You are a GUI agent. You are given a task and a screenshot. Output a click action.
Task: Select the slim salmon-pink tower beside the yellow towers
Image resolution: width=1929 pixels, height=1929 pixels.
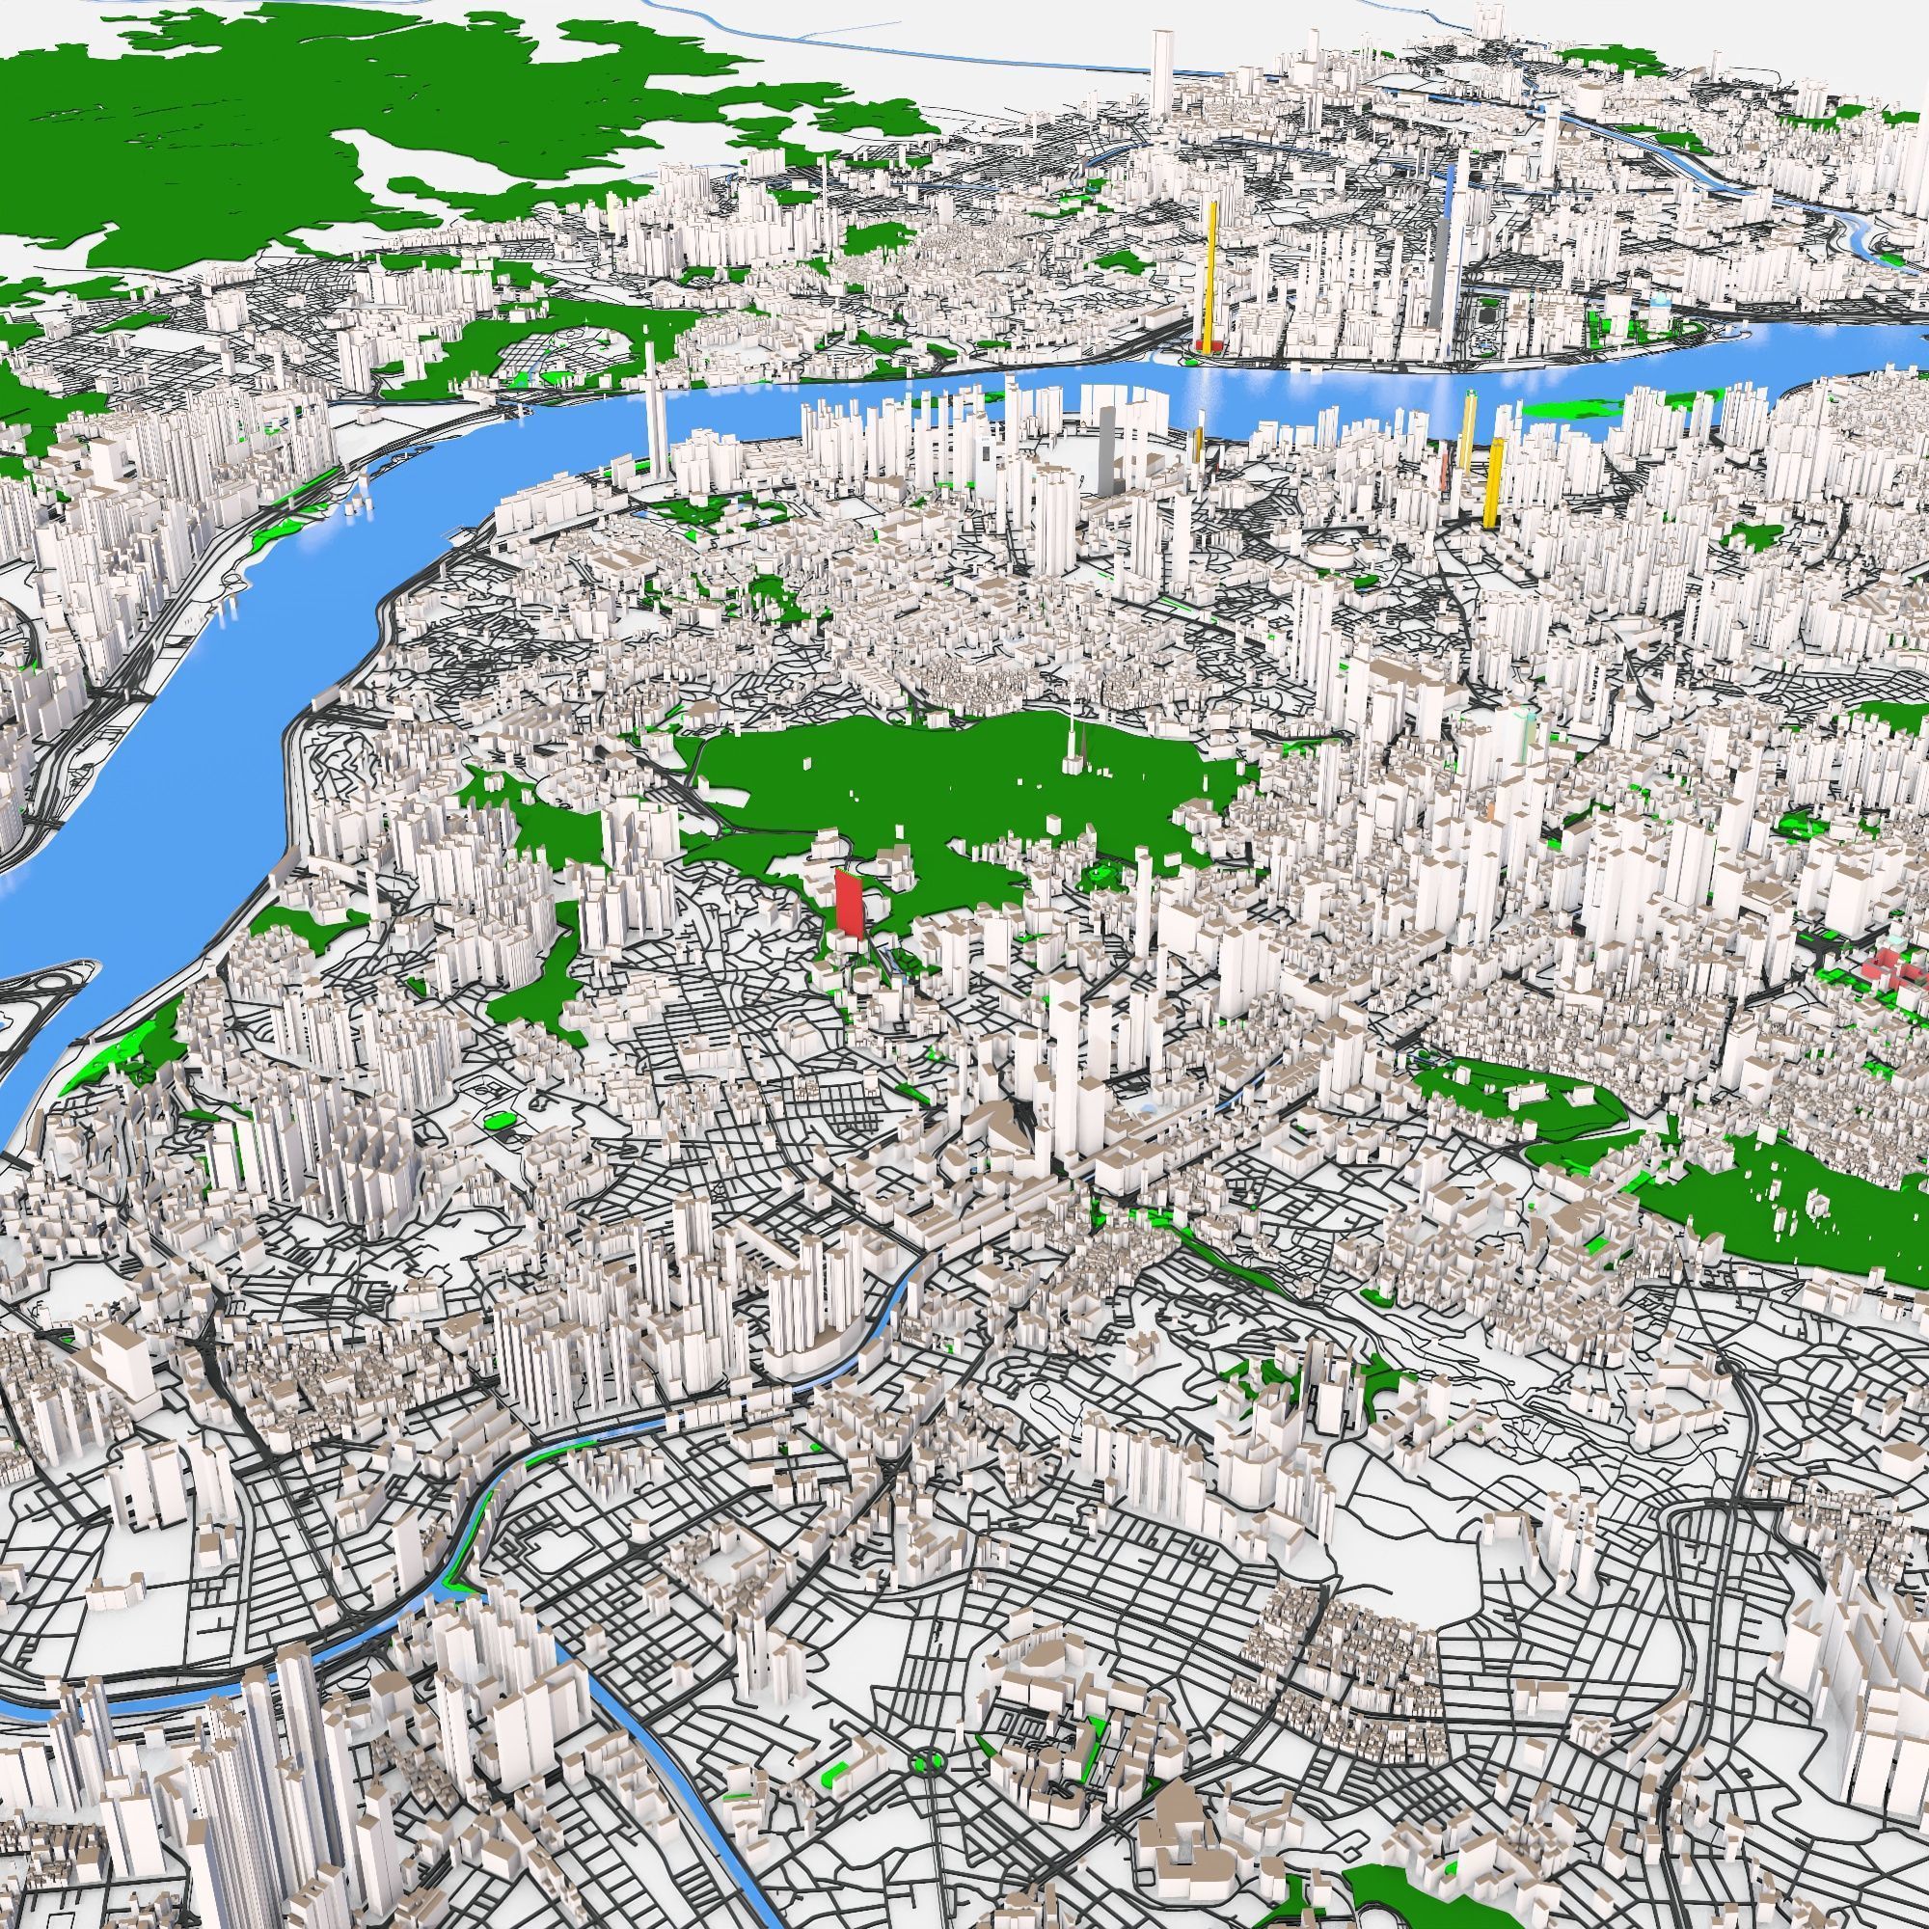tap(1445, 465)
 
